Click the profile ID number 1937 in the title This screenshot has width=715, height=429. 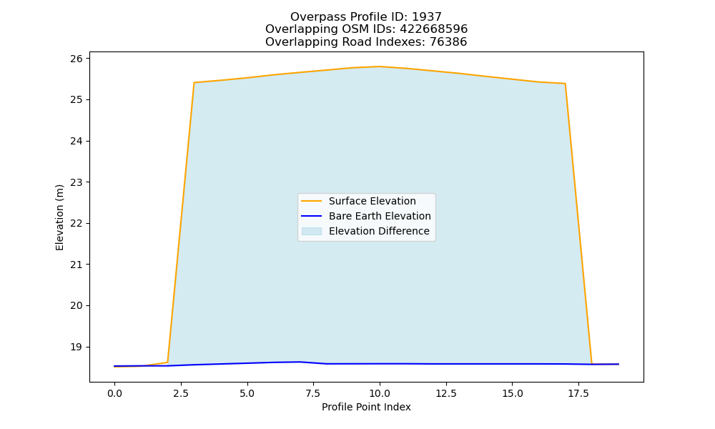427,17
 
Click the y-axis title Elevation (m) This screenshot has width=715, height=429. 59,217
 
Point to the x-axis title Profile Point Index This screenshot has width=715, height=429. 366,407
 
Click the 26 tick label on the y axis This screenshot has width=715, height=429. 77,59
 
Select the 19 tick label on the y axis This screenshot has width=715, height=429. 77,347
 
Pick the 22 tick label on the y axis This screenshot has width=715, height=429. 77,223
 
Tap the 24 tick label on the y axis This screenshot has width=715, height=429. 77,141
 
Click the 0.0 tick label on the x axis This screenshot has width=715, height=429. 114,393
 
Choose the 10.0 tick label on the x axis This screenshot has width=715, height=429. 380,393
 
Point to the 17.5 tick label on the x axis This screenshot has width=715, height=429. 578,393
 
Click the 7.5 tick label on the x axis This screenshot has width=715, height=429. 313,393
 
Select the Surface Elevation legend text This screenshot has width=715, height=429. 372,201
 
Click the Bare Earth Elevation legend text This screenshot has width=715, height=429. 380,216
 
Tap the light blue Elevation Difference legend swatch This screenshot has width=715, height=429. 312,231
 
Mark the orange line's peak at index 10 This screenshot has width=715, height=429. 380,66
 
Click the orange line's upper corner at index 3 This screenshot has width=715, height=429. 194,82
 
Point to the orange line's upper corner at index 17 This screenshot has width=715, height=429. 565,84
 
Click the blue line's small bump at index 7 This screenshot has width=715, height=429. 300,362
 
